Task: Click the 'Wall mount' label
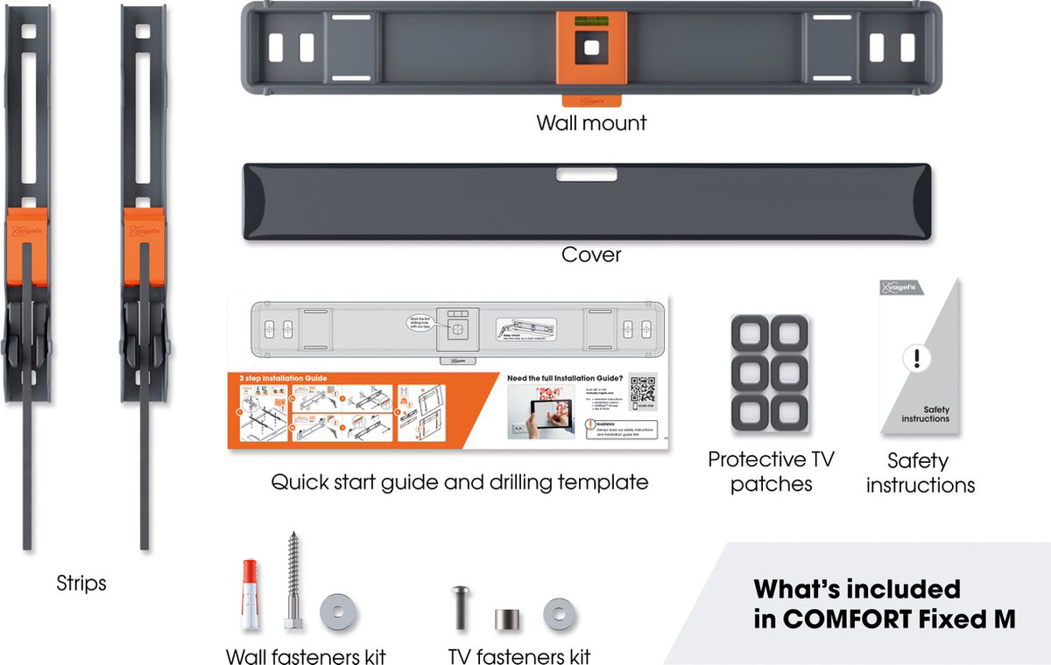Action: tap(591, 122)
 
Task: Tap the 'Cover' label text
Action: tap(591, 255)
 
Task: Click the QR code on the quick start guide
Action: tap(643, 390)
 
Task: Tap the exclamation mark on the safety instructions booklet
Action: tap(916, 359)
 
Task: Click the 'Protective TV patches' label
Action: tap(771, 471)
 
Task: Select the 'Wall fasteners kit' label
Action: tap(306, 656)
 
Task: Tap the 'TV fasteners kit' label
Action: tap(519, 656)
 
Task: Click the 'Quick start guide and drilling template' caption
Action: tap(460, 481)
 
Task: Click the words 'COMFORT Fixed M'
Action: tap(885, 619)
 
